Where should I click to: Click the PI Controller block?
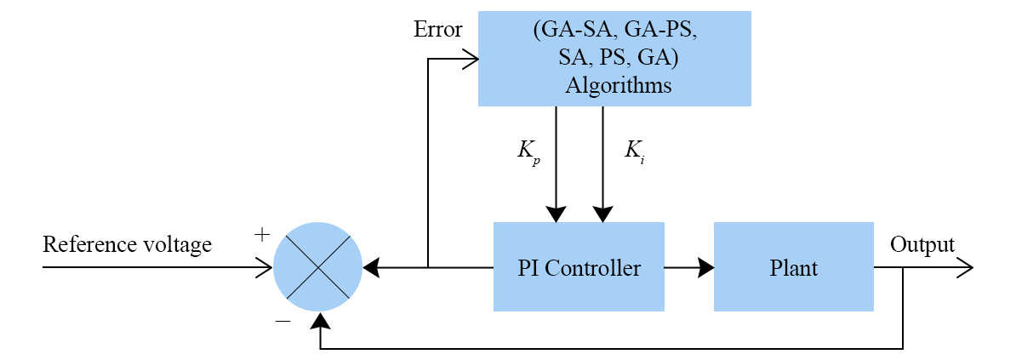[x=579, y=267]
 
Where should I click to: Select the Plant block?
[x=793, y=267]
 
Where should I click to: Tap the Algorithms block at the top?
[x=614, y=59]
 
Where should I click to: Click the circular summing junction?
[x=318, y=267]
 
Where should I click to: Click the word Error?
[x=437, y=30]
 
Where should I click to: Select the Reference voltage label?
[x=127, y=245]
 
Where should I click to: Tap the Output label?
[x=922, y=245]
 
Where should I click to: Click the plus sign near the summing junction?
[x=262, y=234]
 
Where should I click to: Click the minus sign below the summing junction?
[x=283, y=322]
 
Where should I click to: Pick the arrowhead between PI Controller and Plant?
[x=706, y=267]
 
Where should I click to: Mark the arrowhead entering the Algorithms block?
[x=471, y=59]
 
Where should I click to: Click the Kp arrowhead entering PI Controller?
[x=557, y=215]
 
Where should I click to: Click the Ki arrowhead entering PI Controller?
[x=603, y=215]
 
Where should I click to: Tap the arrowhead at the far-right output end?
[x=965, y=267]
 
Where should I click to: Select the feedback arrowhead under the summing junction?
[x=320, y=319]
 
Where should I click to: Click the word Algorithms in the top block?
[x=619, y=86]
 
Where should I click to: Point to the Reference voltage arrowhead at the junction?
[x=265, y=267]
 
